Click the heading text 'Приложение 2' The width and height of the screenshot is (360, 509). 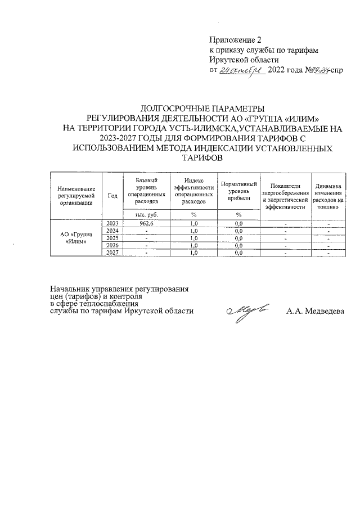tap(236, 40)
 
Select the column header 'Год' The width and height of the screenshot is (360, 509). tap(112, 195)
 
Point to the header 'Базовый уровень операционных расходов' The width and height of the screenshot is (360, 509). tap(146, 190)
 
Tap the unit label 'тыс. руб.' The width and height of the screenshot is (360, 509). tap(146, 214)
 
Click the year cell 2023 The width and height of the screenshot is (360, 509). tap(112, 223)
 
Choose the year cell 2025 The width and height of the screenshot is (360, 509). tap(112, 238)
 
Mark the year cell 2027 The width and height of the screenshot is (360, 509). tap(112, 253)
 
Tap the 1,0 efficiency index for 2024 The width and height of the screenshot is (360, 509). tap(194, 231)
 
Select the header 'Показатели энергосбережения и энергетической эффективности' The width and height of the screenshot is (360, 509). tap(286, 195)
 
